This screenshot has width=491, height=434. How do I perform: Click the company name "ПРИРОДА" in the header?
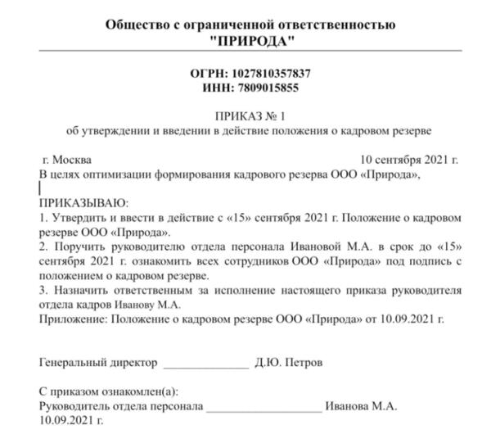click(250, 40)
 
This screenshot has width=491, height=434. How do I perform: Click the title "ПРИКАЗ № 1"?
click(250, 117)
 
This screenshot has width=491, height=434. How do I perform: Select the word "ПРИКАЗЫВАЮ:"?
click(83, 203)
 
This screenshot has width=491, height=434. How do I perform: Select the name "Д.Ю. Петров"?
click(289, 361)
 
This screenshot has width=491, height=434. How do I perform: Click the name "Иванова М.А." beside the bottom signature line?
click(361, 405)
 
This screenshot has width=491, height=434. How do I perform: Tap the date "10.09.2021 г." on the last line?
click(72, 420)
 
